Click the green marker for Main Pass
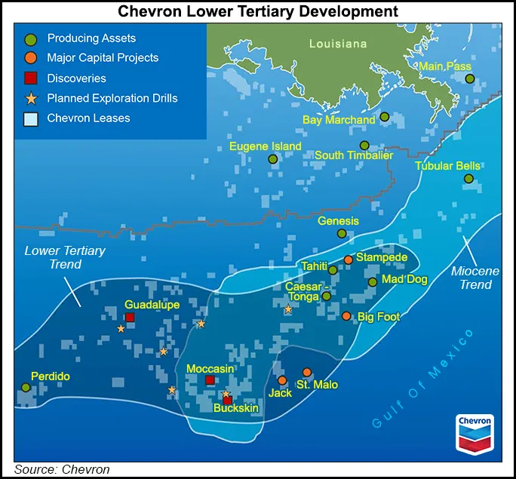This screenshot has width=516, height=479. [x=469, y=78]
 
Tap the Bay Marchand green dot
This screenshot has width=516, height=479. [x=385, y=117]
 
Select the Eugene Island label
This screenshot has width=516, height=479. [x=266, y=146]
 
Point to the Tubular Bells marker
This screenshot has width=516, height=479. [x=468, y=179]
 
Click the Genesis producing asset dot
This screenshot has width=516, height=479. [x=342, y=234]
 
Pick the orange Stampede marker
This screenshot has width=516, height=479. [x=349, y=259]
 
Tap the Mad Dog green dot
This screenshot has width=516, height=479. [x=372, y=282]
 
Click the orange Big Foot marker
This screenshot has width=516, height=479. [x=346, y=316]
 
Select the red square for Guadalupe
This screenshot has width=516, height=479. [x=130, y=318]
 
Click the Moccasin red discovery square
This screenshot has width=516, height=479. [x=210, y=380]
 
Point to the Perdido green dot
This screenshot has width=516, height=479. [x=26, y=387]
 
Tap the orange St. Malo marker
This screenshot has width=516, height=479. [x=307, y=373]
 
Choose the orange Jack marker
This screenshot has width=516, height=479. [x=282, y=380]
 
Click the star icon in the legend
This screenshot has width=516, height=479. [x=31, y=98]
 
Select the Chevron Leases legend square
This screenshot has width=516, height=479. [x=31, y=118]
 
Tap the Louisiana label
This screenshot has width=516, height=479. [x=338, y=44]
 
